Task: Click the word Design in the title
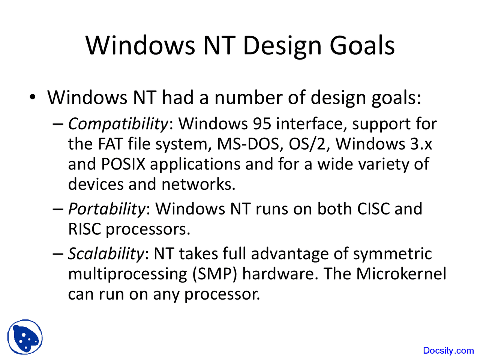coord(282,46)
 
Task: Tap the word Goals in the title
coord(362,45)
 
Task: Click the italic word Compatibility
coord(118,124)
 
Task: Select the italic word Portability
coord(107,209)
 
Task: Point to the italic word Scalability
coord(106,254)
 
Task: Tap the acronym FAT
coord(110,144)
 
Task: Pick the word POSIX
coord(123,164)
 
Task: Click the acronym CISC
coord(373,209)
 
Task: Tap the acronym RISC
coord(85,229)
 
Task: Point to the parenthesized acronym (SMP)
coord(215,274)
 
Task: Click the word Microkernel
coord(401,274)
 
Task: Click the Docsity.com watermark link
coord(448,350)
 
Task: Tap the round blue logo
coord(25,337)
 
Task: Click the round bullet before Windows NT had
coord(32,97)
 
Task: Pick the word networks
coord(198,184)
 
